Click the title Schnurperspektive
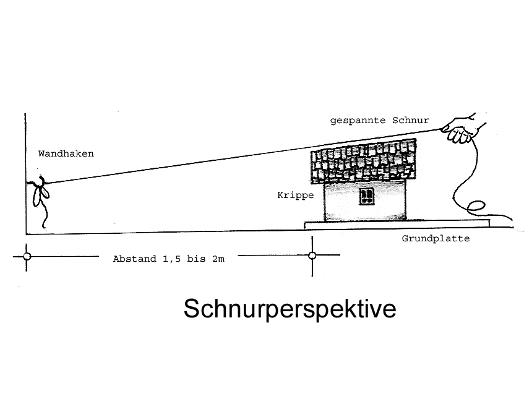click(290, 309)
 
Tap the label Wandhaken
click(66, 153)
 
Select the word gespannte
click(358, 121)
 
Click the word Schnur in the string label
click(411, 120)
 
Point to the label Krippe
click(296, 195)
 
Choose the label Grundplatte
click(435, 239)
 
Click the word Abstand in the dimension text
click(135, 259)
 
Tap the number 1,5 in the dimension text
click(171, 259)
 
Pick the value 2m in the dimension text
click(218, 259)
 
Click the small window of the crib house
click(366, 197)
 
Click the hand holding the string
click(461, 129)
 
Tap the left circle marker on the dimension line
click(27, 256)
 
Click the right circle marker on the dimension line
click(312, 255)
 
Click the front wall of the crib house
click(365, 201)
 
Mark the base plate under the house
click(397, 224)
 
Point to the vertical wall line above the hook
click(25, 148)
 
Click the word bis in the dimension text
click(197, 259)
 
